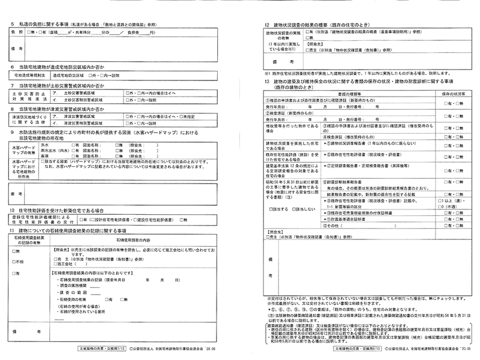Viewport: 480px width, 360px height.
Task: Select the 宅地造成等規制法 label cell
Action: [28, 76]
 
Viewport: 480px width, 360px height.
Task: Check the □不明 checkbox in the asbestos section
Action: [19, 262]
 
